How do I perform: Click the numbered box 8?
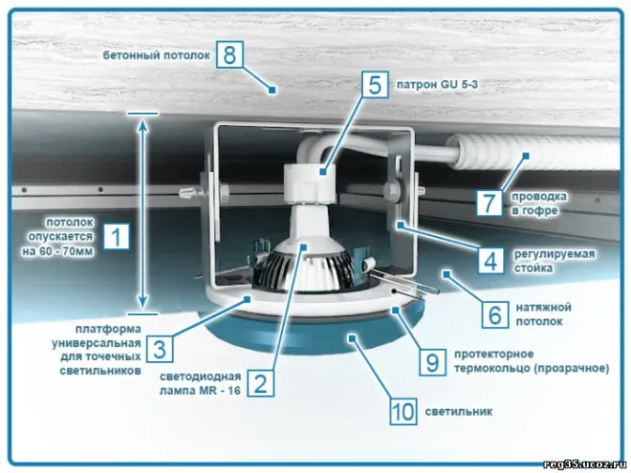(229, 54)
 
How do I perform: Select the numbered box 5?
(374, 85)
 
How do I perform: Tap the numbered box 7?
(489, 202)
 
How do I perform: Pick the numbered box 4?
(491, 260)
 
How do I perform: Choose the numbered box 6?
(495, 314)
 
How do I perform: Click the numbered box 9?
(433, 362)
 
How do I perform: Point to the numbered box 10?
(403, 411)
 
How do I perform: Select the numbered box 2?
(260, 383)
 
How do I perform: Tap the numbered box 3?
(160, 349)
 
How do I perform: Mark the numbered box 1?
(116, 236)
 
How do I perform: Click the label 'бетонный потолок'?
(156, 55)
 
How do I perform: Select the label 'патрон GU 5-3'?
(437, 85)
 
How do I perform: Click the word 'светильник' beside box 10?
(459, 412)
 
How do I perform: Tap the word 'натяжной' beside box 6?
(544, 307)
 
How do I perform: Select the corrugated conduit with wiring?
(532, 152)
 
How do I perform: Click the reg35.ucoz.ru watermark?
(584, 465)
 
